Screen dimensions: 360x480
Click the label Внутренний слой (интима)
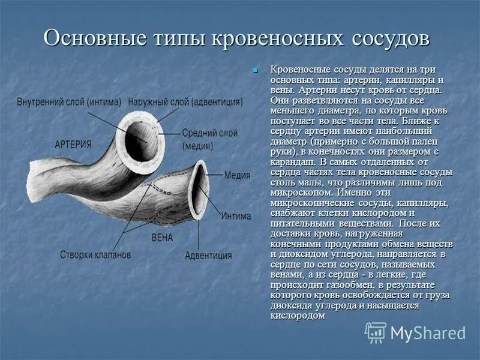(x=70, y=101)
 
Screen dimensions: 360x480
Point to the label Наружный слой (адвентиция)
(x=185, y=101)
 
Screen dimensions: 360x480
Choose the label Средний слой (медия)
(x=210, y=139)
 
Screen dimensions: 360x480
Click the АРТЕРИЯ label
(x=73, y=145)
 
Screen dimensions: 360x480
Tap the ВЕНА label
(x=162, y=238)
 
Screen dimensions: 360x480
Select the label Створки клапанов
(x=95, y=254)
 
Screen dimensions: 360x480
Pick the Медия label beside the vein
(x=237, y=176)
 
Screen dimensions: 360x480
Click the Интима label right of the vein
(x=236, y=216)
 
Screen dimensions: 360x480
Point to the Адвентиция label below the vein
(x=208, y=255)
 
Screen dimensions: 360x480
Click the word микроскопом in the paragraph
(x=298, y=193)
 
